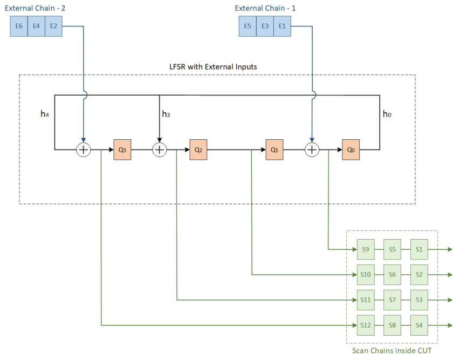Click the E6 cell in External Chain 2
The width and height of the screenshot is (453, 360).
(x=19, y=26)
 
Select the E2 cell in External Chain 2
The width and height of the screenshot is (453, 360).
(x=53, y=26)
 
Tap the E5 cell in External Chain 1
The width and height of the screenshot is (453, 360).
(x=248, y=26)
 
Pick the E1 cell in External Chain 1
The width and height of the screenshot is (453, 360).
(x=282, y=26)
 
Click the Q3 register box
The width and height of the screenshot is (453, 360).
(x=122, y=150)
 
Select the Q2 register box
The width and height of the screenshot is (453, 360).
(x=198, y=150)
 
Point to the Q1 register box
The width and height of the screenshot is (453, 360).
(x=274, y=150)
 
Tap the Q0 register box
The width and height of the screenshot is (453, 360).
(x=351, y=150)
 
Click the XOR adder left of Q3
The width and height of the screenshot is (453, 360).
(x=83, y=150)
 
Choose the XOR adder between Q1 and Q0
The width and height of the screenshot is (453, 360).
(x=312, y=150)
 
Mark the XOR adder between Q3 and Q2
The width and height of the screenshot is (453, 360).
(x=159, y=150)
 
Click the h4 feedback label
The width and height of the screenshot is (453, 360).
(x=45, y=114)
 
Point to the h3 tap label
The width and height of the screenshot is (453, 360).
(x=166, y=114)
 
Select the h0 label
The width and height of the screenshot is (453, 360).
(x=387, y=114)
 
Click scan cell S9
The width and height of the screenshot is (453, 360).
(x=365, y=249)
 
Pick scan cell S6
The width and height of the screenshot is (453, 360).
(x=392, y=275)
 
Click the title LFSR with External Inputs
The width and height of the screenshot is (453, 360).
(x=213, y=66)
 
